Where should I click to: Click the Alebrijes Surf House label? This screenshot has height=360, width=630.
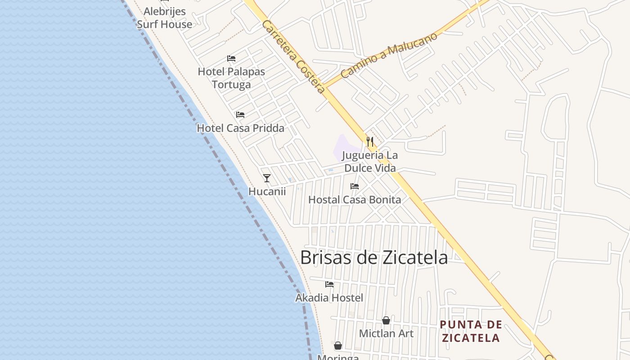click(x=164, y=18)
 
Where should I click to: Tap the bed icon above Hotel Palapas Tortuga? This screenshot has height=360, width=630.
click(x=231, y=58)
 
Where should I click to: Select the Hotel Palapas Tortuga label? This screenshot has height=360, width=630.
click(x=231, y=78)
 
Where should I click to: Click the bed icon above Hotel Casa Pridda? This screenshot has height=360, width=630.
click(x=240, y=115)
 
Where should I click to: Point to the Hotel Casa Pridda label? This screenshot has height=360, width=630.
click(x=240, y=128)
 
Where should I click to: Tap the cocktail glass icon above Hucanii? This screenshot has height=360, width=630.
click(x=267, y=178)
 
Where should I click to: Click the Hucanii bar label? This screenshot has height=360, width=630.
click(x=267, y=191)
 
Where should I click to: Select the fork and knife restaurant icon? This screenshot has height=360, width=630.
click(x=370, y=142)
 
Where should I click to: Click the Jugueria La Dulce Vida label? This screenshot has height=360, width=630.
click(x=370, y=162)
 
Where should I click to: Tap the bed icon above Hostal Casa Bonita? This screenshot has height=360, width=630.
click(x=355, y=186)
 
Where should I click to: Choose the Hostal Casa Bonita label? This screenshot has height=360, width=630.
click(x=355, y=199)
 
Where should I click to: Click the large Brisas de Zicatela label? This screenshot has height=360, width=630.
click(x=373, y=257)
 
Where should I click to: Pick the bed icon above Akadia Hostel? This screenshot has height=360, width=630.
click(x=329, y=284)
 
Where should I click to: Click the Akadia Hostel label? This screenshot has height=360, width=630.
click(x=329, y=297)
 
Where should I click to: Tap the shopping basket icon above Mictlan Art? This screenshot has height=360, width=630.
click(x=386, y=320)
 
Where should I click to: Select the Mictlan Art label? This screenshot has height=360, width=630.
click(x=386, y=333)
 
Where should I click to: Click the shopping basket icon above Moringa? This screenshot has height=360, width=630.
click(x=338, y=346)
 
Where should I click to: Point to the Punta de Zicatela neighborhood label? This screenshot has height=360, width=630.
click(x=471, y=331)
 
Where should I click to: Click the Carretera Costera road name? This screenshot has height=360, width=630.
click(x=293, y=57)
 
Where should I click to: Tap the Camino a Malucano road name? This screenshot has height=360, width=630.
click(x=389, y=55)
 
